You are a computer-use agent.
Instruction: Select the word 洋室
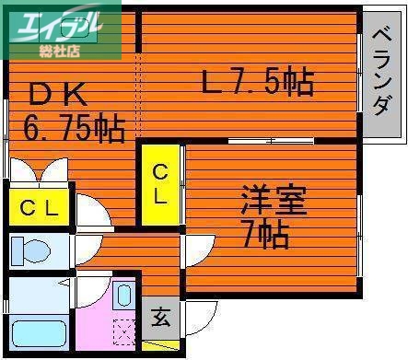(274, 201)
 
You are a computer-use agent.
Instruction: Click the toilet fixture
(31, 250)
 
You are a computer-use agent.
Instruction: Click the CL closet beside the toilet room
(39, 208)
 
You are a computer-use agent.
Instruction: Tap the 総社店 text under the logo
(61, 52)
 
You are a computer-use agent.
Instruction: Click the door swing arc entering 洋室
(196, 249)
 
